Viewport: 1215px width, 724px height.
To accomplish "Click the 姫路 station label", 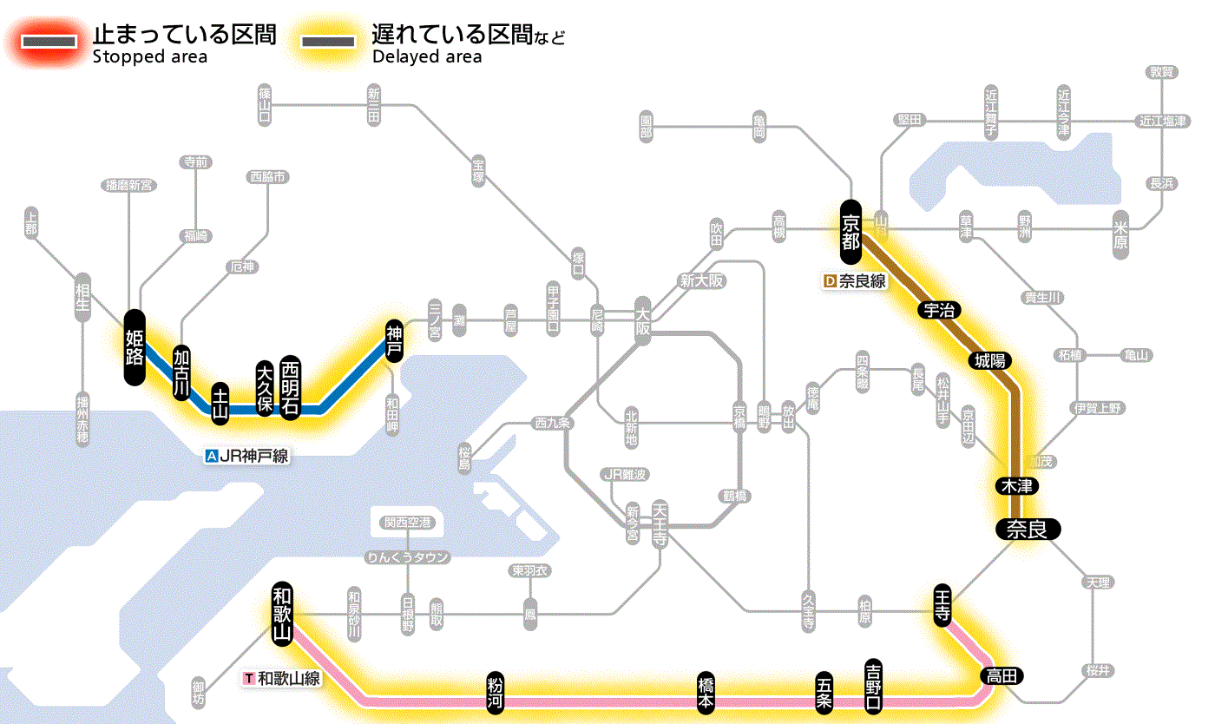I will [134, 347].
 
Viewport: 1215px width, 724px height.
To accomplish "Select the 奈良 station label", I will [1027, 529].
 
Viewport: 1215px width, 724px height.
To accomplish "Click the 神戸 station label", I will [395, 341].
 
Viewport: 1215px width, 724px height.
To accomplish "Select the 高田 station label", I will [1003, 675].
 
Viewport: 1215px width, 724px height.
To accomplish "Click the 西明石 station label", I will [290, 386].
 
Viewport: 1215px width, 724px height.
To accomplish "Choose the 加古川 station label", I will [181, 372].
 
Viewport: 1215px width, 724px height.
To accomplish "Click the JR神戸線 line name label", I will [246, 455].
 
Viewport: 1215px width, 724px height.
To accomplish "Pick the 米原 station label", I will [1123, 234].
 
